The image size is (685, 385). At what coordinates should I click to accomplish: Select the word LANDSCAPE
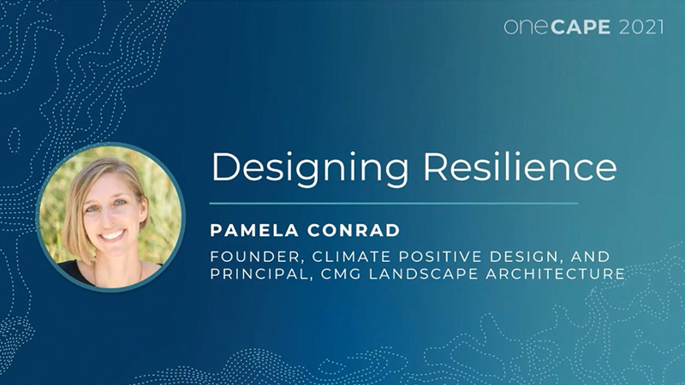(402, 275)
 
